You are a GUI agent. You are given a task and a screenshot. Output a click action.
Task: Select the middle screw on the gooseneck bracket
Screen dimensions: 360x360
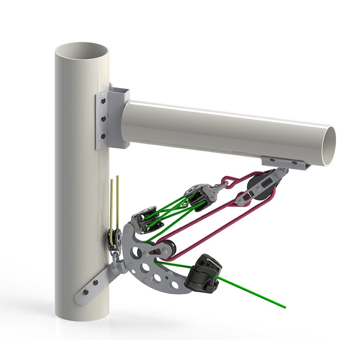coord(104,118)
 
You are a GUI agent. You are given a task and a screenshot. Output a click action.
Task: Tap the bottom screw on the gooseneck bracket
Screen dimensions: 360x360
coord(104,136)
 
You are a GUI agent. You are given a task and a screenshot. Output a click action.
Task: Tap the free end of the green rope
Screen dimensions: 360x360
coord(284,307)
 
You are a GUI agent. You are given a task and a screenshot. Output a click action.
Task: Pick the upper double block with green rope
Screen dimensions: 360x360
coord(198,194)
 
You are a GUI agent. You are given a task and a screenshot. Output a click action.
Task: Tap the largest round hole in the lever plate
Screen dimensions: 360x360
coord(135,252)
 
